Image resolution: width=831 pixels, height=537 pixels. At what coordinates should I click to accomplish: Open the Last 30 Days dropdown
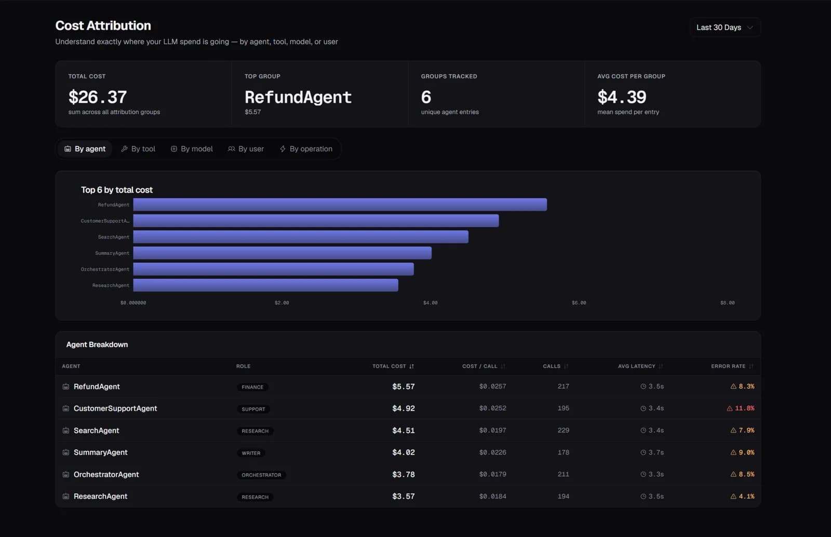pyautogui.click(x=725, y=28)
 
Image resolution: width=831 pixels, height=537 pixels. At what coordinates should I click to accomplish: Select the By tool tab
pyautogui.click(x=138, y=149)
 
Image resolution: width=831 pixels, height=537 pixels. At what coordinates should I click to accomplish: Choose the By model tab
pyautogui.click(x=192, y=149)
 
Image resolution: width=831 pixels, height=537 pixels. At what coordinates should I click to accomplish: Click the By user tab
pyautogui.click(x=246, y=149)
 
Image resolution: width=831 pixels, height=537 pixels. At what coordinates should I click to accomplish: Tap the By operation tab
pyautogui.click(x=306, y=149)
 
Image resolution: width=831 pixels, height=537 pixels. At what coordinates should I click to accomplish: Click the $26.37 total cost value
pyautogui.click(x=98, y=97)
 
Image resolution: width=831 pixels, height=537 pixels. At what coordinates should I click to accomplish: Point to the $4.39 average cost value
pyautogui.click(x=622, y=97)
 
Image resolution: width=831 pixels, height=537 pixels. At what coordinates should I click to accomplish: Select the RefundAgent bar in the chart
pyautogui.click(x=340, y=205)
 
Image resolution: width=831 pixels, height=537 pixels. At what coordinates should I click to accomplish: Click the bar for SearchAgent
pyautogui.click(x=301, y=237)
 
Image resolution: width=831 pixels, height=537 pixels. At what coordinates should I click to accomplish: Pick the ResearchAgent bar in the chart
pyautogui.click(x=265, y=285)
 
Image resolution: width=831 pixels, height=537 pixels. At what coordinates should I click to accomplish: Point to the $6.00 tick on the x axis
pyautogui.click(x=579, y=303)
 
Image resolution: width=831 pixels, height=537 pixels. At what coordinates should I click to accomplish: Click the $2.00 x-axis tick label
pyautogui.click(x=282, y=303)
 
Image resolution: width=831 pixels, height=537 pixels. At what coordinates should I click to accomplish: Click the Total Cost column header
pyautogui.click(x=393, y=367)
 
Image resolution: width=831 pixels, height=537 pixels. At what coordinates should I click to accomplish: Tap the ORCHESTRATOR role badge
pyautogui.click(x=262, y=475)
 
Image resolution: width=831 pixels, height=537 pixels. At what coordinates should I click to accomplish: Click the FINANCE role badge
pyautogui.click(x=252, y=387)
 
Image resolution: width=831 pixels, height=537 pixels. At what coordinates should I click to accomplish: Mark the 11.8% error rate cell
pyautogui.click(x=741, y=408)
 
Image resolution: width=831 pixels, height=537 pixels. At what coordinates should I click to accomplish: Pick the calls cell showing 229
pyautogui.click(x=563, y=430)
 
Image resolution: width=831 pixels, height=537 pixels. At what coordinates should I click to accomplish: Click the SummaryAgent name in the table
pyautogui.click(x=101, y=452)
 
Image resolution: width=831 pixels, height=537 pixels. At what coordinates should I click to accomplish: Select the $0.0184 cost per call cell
pyautogui.click(x=493, y=496)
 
